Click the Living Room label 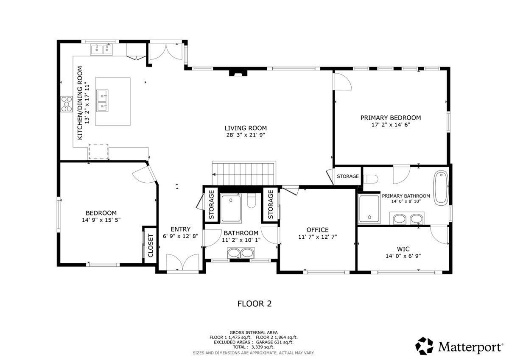click(x=246, y=128)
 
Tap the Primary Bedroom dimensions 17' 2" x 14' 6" click(x=390, y=125)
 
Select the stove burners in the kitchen click(x=66, y=104)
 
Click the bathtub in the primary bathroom click(x=442, y=188)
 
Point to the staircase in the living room click(x=244, y=173)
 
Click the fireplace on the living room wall click(x=238, y=73)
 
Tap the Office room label click(x=317, y=230)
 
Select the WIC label click(x=403, y=248)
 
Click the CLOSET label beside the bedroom click(x=150, y=246)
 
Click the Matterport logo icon click(x=424, y=346)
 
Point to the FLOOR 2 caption click(x=254, y=304)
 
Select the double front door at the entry click(x=182, y=262)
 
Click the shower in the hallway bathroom click(x=231, y=208)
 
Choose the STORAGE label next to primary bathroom click(x=348, y=176)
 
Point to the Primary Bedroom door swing click(x=342, y=81)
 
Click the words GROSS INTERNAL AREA click(x=254, y=332)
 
